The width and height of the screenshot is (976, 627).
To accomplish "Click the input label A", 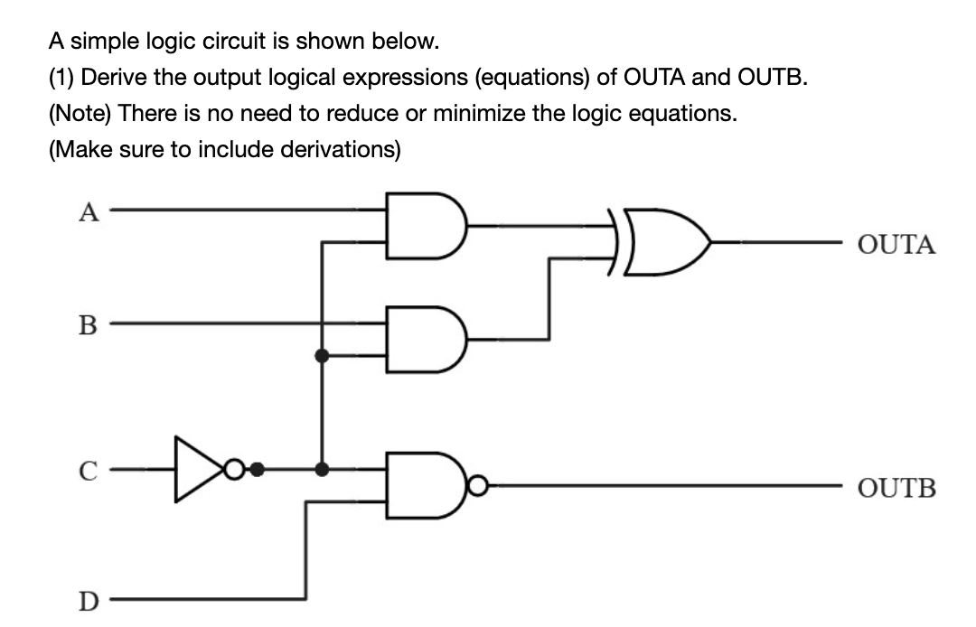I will pos(88,212).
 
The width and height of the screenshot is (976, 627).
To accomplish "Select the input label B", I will pos(88,322).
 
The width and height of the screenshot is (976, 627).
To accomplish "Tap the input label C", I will pos(88,470).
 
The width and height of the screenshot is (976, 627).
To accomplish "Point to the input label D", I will pos(88,601).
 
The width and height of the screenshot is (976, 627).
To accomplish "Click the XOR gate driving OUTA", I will pos(664,242).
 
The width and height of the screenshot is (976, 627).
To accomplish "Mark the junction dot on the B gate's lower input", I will pos(321,355).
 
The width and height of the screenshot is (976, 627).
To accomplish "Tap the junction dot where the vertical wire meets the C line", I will pos(321,469).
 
